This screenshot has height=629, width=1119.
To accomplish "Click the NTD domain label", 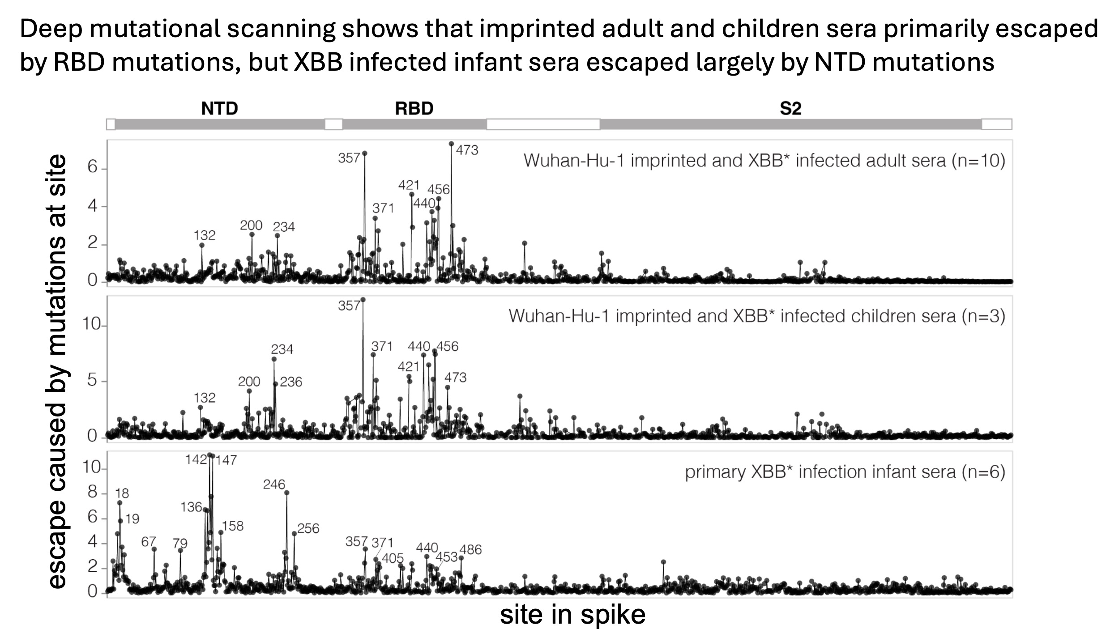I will coord(219,109).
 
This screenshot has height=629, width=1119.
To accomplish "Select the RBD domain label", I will coord(414,109).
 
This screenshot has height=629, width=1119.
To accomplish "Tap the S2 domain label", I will coord(790,109).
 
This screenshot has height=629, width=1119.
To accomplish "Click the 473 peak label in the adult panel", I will coord(467,150).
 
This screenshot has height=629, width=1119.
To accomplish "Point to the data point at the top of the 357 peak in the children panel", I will coord(363,300).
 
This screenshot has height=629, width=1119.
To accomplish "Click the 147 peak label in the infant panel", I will coord(226,460).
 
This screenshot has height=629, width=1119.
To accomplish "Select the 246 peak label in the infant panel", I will coord(274,484).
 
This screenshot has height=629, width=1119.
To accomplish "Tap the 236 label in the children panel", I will coord(291,382).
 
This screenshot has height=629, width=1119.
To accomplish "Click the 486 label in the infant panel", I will coord(470,549).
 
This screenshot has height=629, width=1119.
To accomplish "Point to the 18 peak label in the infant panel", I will coord(122,493).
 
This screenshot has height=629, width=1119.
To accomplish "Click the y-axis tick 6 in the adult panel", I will coord(92,168).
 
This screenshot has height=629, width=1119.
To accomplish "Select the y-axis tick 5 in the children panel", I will coord(92,381).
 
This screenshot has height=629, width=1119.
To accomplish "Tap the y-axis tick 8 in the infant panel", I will coord(92,493).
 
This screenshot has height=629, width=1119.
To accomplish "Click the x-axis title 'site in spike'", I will coord(572,614).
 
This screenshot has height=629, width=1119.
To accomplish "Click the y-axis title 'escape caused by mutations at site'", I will coord(57,371).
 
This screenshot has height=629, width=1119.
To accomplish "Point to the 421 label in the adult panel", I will coord(409,185).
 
